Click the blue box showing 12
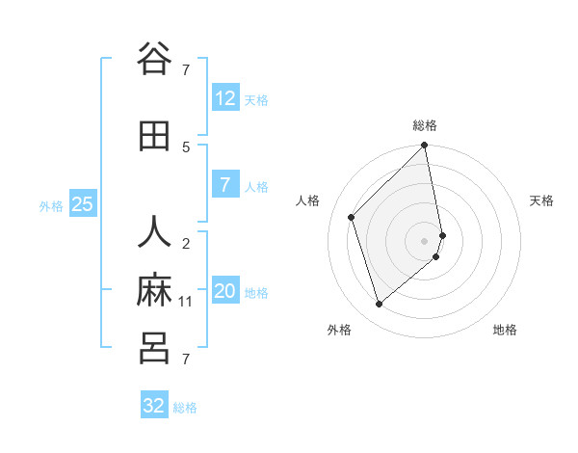tap(224, 98)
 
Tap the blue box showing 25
tap(82, 204)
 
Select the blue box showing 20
tap(224, 291)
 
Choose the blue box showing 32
tap(154, 406)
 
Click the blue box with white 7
tap(224, 185)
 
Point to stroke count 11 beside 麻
tap(186, 302)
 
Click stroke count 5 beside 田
tap(186, 147)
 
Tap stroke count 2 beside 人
tap(186, 244)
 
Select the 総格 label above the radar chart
tap(425, 125)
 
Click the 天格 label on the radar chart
tap(541, 200)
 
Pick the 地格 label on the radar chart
tap(505, 330)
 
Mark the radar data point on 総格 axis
tap(425, 147)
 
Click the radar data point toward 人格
tap(352, 217)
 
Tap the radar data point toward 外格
tap(379, 304)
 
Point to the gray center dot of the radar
tap(425, 240)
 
